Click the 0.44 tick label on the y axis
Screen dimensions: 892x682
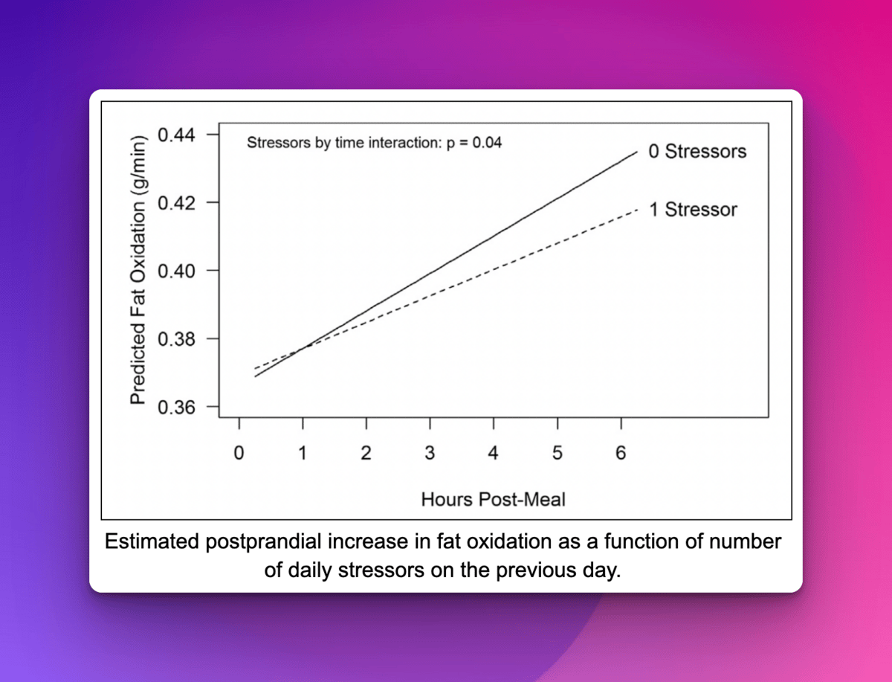[x=176, y=135]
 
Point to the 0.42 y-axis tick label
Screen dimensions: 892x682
[x=176, y=203]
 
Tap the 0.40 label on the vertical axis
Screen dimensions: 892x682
[x=176, y=271]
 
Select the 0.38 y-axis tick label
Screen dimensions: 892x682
[x=176, y=339]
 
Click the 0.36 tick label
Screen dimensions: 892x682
[x=176, y=408]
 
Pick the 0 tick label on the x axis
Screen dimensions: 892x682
[x=239, y=453]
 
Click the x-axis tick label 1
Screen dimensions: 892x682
[x=303, y=453]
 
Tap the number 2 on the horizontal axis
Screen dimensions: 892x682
[x=366, y=453]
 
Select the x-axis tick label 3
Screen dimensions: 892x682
[x=430, y=453]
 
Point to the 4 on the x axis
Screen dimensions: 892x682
[x=494, y=453]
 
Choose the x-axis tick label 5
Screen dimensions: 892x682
[x=557, y=453]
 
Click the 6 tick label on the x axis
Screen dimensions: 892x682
[x=621, y=453]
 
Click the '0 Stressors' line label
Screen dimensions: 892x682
[x=697, y=151]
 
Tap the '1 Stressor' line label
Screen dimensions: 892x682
[x=694, y=210]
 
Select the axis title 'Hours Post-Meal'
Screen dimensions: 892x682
[x=493, y=499]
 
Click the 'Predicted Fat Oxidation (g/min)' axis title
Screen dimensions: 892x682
[x=138, y=270]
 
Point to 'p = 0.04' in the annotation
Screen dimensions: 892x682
[x=474, y=143]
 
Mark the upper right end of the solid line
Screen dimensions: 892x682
[x=637, y=152]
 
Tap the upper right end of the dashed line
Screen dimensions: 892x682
[x=637, y=210]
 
